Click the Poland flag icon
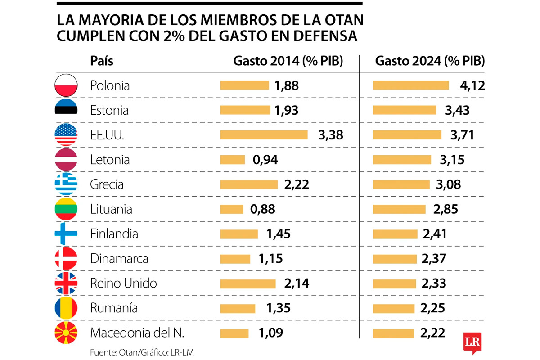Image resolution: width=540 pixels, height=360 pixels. pos(66,85)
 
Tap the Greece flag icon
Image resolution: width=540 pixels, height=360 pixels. pos(66,184)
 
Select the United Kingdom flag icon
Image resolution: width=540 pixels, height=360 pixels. pos(66,283)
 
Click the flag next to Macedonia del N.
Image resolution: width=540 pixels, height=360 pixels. pos(66,333)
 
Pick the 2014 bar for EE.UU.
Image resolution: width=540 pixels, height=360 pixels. pos(264,135)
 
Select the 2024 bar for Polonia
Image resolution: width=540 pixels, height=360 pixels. pos(411,85)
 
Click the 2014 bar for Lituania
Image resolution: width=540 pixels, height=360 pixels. pos(231,209)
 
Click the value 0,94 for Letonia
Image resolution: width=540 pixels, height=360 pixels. pos(265,160)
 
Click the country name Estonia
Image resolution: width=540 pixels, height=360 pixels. pos(109,110)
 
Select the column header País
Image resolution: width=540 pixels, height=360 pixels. pos(102,62)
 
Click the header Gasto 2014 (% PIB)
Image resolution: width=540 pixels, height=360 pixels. pos(288,62)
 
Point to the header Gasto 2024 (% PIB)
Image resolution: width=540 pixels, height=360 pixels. pos(430,62)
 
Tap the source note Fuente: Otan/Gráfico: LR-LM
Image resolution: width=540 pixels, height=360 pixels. pos(131,351)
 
